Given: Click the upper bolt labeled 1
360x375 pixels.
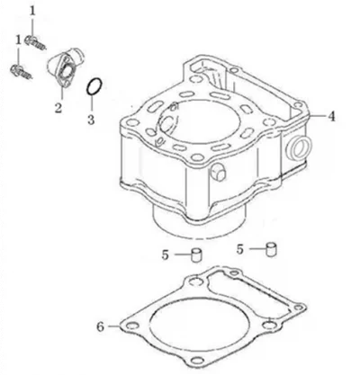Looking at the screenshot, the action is tap(35, 42).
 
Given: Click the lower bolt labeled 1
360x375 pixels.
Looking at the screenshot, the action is tap(22, 72).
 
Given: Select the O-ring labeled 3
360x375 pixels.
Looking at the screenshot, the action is tap(94, 86).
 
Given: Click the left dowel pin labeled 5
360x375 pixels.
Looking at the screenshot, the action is tap(197, 255).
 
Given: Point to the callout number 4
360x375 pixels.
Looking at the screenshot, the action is tap(331, 116).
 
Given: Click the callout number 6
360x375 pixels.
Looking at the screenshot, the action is tap(101, 326).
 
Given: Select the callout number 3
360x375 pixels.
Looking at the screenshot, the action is tap(91, 120).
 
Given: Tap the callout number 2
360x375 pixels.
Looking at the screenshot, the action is tap(58, 108).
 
